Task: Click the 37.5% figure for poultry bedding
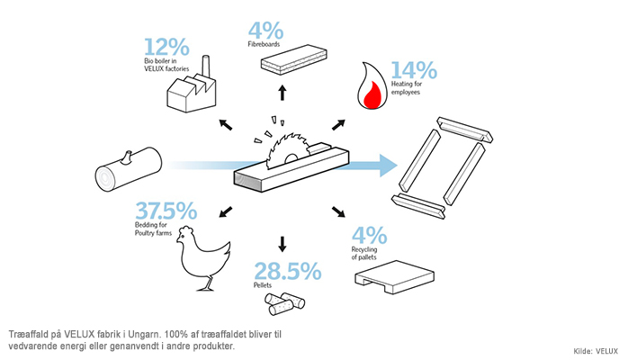(166, 211)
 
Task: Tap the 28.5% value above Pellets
(288, 271)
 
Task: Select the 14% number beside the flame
(414, 70)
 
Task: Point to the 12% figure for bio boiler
(166, 47)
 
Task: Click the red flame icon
(372, 86)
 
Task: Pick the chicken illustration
(203, 258)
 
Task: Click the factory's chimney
(206, 66)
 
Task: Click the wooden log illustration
(129, 168)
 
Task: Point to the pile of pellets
(284, 303)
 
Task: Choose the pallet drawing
(394, 276)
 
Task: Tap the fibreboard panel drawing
(293, 59)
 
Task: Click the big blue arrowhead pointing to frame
(388, 166)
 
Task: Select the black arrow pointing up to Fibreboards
(283, 92)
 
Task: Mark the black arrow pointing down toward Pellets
(283, 244)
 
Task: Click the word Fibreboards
(264, 44)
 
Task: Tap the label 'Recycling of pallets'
(364, 254)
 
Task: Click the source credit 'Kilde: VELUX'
(596, 351)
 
